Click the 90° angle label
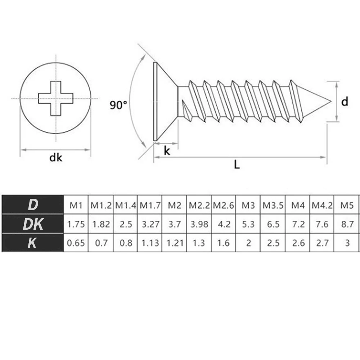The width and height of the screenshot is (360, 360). pyautogui.click(x=118, y=105)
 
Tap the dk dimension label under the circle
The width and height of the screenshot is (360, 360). pyautogui.click(x=56, y=158)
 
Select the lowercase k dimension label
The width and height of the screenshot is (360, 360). pyautogui.click(x=167, y=151)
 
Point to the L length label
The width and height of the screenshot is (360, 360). pyautogui.click(x=237, y=165)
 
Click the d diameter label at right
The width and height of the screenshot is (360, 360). pyautogui.click(x=345, y=102)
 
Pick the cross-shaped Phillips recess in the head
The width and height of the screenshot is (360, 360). pyautogui.click(x=56, y=98)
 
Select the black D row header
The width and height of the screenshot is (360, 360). pyautogui.click(x=32, y=205)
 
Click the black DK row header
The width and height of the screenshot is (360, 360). pyautogui.click(x=32, y=224)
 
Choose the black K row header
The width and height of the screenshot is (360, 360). pyautogui.click(x=32, y=243)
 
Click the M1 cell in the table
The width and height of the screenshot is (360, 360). pyautogui.click(x=76, y=205)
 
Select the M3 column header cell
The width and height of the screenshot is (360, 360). pyautogui.click(x=248, y=205)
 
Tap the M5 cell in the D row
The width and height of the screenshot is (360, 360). pyautogui.click(x=347, y=205)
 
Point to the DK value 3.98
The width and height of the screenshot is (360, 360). pyautogui.click(x=199, y=224)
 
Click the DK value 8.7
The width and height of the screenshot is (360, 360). pyautogui.click(x=347, y=224)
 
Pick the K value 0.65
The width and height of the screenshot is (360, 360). pyautogui.click(x=76, y=243)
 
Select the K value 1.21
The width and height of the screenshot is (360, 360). pyautogui.click(x=175, y=243)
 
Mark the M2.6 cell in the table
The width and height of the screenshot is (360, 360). pyautogui.click(x=224, y=205)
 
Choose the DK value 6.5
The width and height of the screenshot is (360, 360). pyautogui.click(x=273, y=224)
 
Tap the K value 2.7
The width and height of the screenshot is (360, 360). pyautogui.click(x=322, y=243)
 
